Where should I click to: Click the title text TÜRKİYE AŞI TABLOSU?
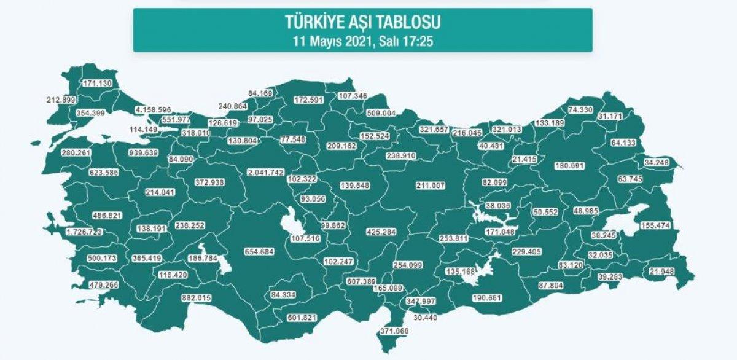pos(362,23)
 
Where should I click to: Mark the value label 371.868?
pos(393,331)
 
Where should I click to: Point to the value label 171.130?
pos(99,83)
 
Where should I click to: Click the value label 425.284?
pos(381,233)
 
